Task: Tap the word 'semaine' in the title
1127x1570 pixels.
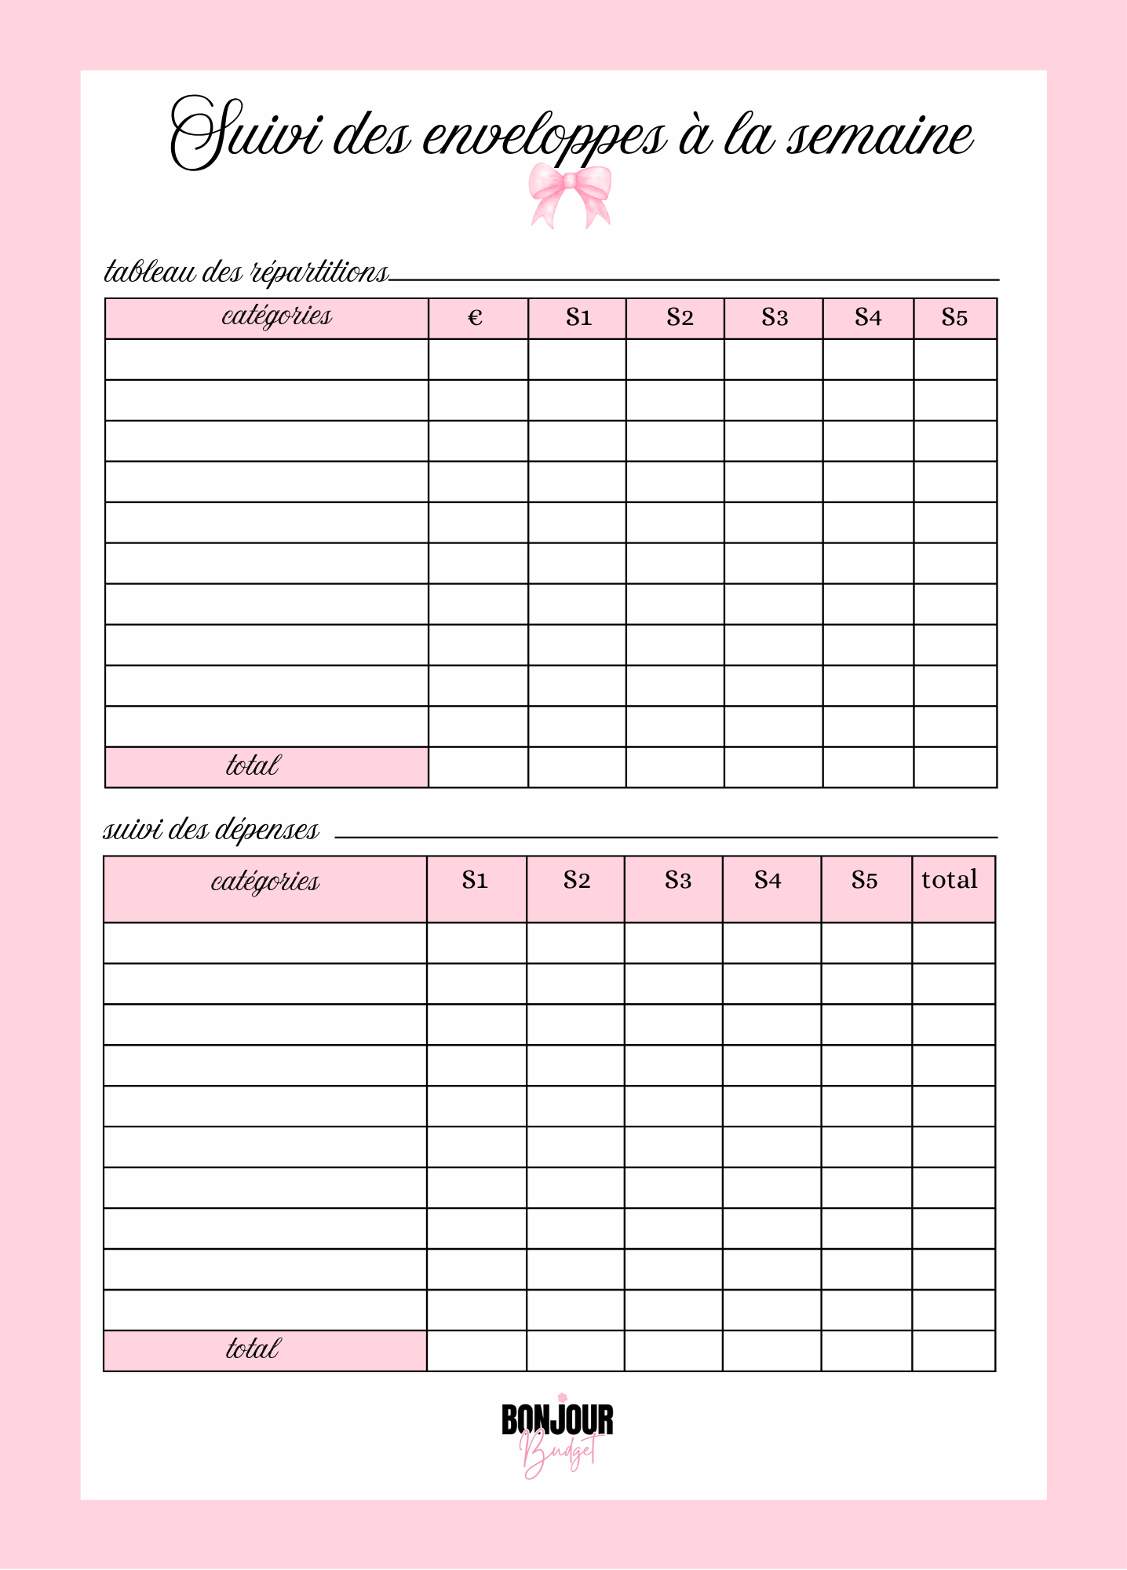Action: point(880,137)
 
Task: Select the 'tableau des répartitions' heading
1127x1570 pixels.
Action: point(246,272)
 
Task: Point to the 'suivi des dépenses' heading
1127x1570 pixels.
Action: point(211,830)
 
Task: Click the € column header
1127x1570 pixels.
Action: point(476,318)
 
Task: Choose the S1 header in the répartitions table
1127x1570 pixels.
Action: point(578,318)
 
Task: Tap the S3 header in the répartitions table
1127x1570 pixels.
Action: point(774,318)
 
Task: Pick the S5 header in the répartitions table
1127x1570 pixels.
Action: point(954,318)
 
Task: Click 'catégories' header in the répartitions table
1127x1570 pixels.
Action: point(276,316)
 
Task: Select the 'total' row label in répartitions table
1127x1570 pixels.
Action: point(253,766)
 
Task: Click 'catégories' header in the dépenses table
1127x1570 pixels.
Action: point(265,882)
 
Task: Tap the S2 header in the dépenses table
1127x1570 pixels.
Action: point(576,881)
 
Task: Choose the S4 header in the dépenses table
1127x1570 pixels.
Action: point(768,881)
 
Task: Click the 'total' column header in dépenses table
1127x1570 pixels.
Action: point(950,880)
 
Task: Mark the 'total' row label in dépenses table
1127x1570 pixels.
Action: point(253,1349)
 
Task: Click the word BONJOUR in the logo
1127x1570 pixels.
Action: point(557,1421)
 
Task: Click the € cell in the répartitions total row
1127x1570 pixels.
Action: point(478,767)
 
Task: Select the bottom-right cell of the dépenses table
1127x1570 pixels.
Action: point(954,1351)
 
